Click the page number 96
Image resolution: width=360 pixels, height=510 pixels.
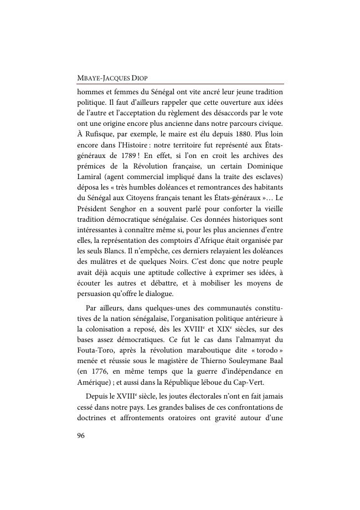(x=81, y=435)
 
